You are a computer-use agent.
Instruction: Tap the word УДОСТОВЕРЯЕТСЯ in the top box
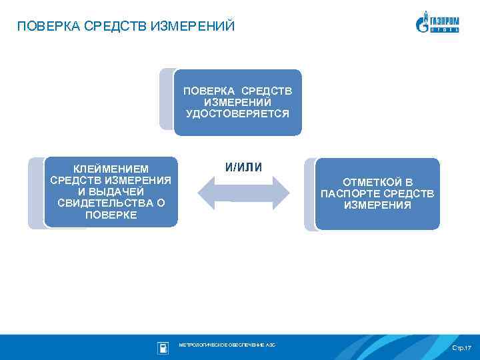click(237, 114)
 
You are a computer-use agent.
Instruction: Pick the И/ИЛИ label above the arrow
click(243, 167)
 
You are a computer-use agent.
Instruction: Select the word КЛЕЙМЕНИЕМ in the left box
click(111, 169)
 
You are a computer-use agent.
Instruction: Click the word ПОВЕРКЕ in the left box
click(111, 215)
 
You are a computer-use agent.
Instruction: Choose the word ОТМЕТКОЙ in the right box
click(377, 182)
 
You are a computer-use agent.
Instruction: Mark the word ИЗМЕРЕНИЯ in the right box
click(377, 205)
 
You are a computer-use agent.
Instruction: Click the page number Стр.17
click(461, 349)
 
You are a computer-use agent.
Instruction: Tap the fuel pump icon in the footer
click(162, 347)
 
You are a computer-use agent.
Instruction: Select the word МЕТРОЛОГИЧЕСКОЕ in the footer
click(201, 345)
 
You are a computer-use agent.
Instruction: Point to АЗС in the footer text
click(270, 345)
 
